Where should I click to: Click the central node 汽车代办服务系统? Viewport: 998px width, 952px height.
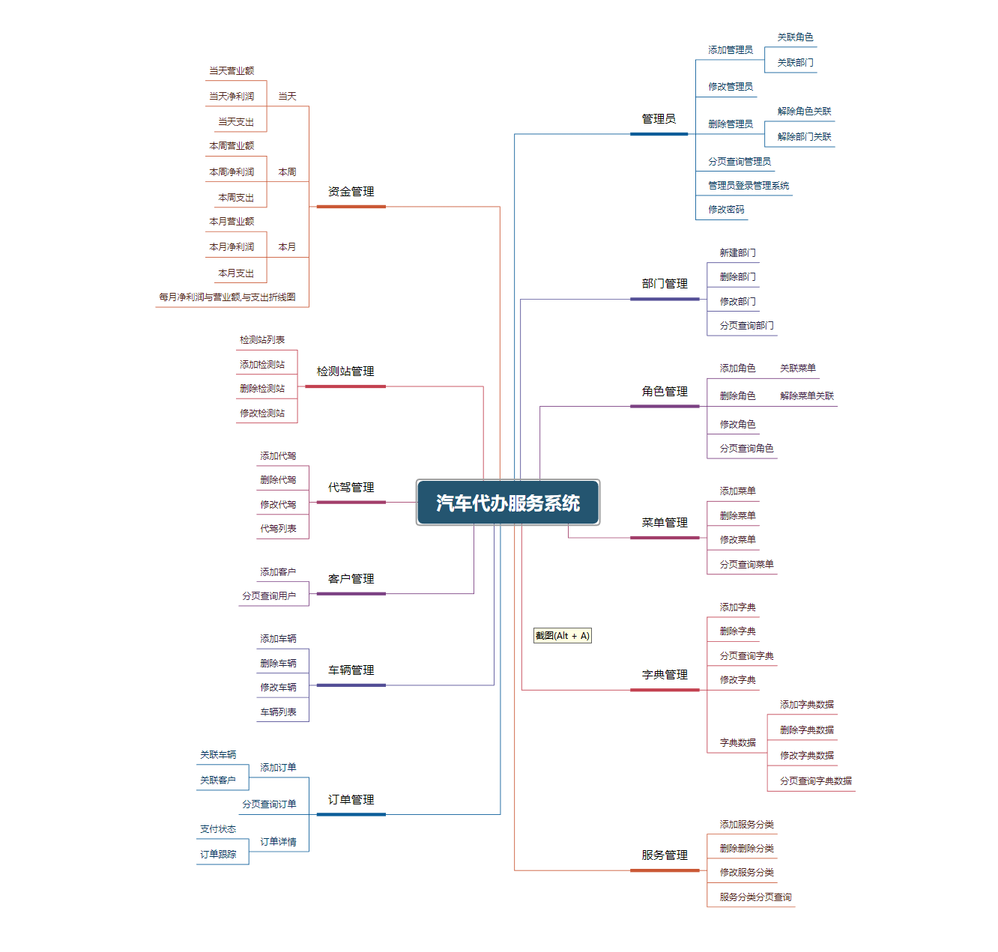(508, 503)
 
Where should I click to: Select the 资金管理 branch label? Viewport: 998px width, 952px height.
(351, 192)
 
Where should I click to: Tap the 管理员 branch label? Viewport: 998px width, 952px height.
(659, 119)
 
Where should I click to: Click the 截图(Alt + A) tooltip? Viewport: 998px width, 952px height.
(563, 636)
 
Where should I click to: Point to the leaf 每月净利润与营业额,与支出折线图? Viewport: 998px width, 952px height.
(227, 297)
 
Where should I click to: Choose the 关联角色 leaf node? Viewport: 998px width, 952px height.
(795, 37)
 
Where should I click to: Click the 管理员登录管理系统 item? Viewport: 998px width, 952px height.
(748, 186)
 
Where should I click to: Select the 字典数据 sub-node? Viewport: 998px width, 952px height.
(737, 743)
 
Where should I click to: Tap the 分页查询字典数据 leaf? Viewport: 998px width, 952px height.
(815, 781)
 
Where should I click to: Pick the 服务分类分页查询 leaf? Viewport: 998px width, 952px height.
(755, 897)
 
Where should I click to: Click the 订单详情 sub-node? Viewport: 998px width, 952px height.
(278, 842)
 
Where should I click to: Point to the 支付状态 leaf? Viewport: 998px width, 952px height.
(218, 829)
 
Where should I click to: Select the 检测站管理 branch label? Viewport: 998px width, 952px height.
(345, 372)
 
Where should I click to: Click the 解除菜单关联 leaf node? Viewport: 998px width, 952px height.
(806, 396)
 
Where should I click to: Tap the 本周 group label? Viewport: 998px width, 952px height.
(287, 172)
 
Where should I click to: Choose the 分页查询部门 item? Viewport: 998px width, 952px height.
(746, 326)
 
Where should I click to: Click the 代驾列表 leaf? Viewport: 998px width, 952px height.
(278, 529)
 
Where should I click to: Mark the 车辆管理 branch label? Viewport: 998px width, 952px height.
(351, 670)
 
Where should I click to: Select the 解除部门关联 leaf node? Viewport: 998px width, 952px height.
(804, 137)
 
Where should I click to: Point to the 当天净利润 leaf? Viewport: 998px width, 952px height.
(232, 97)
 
